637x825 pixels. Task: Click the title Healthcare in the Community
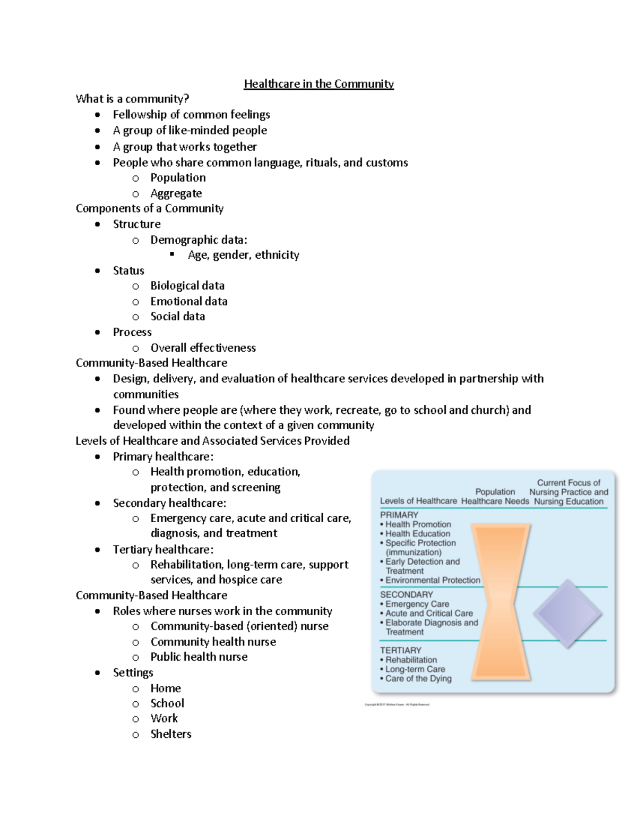click(x=318, y=84)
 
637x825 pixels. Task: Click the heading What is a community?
click(x=132, y=99)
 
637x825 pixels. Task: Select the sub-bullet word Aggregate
click(x=176, y=193)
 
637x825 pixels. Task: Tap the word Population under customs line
click(x=178, y=177)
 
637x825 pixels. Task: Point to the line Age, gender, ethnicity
click(x=243, y=255)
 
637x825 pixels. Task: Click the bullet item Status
click(x=128, y=270)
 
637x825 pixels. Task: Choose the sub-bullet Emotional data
click(x=188, y=301)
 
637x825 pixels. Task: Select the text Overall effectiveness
click(x=203, y=348)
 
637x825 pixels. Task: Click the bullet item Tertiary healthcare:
click(x=163, y=549)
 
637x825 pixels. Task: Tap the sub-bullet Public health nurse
click(x=199, y=657)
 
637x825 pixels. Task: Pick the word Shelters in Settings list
click(x=170, y=734)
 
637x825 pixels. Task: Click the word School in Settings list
click(x=167, y=703)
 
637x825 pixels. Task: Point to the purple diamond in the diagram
click(x=567, y=613)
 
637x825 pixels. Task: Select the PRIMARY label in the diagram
click(x=399, y=515)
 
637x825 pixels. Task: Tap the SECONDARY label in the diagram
click(x=407, y=594)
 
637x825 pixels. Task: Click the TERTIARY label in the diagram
click(x=401, y=650)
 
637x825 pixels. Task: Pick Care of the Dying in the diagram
click(x=418, y=678)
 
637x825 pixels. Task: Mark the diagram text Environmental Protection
click(x=433, y=580)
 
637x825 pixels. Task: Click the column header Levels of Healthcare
click(x=418, y=501)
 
